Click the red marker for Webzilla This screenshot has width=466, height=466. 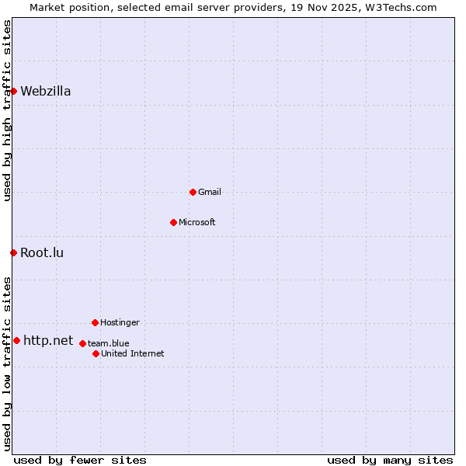pyautogui.click(x=13, y=91)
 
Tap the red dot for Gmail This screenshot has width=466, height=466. pyautogui.click(x=193, y=192)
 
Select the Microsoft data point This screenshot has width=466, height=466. pyautogui.click(x=173, y=222)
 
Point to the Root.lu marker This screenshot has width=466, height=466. pyautogui.click(x=13, y=252)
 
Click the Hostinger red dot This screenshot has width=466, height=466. pyautogui.click(x=95, y=322)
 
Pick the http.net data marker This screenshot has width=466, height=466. pyautogui.click(x=16, y=340)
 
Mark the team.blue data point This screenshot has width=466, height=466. pyautogui.click(x=82, y=343)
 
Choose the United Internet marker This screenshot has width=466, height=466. pyautogui.click(x=96, y=353)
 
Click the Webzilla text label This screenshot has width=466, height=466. pyautogui.click(x=46, y=91)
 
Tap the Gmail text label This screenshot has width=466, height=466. pyautogui.click(x=210, y=192)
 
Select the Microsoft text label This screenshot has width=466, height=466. pyautogui.click(x=197, y=222)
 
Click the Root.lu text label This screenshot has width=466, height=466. pyautogui.click(x=42, y=252)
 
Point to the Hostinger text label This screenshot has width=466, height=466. pyautogui.click(x=120, y=322)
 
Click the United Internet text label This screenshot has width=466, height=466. pyautogui.click(x=133, y=353)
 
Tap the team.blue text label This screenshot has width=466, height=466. pyautogui.click(x=109, y=343)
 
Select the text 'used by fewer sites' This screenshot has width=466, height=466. pyautogui.click(x=80, y=460)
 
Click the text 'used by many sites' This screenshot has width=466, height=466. pyautogui.click(x=390, y=460)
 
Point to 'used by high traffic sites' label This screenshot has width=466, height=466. pyautogui.click(x=8, y=110)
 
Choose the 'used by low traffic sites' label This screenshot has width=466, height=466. pyautogui.click(x=8, y=363)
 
